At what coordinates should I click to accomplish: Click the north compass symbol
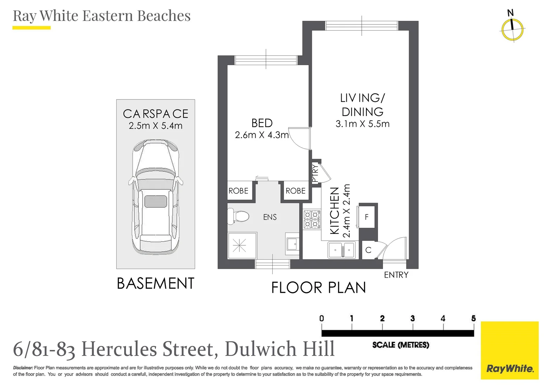click(512, 29)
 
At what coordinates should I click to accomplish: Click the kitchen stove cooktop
click(312, 220)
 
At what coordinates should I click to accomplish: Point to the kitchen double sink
click(341, 250)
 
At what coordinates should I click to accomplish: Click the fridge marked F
click(367, 217)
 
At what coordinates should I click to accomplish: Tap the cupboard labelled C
click(368, 250)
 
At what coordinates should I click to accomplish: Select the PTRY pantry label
click(315, 173)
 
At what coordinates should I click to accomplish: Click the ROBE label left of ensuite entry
click(238, 191)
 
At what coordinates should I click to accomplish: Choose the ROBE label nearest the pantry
click(295, 191)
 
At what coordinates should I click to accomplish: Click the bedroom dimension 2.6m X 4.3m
click(262, 135)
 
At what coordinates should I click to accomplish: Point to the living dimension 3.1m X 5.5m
click(362, 124)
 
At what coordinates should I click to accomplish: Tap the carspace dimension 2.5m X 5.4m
click(155, 126)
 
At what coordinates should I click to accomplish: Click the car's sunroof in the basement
click(156, 201)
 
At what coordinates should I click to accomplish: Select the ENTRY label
click(396, 275)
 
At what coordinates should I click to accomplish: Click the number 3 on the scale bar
click(412, 318)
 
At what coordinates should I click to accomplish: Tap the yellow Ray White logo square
click(510, 350)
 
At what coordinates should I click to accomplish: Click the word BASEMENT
click(155, 283)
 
